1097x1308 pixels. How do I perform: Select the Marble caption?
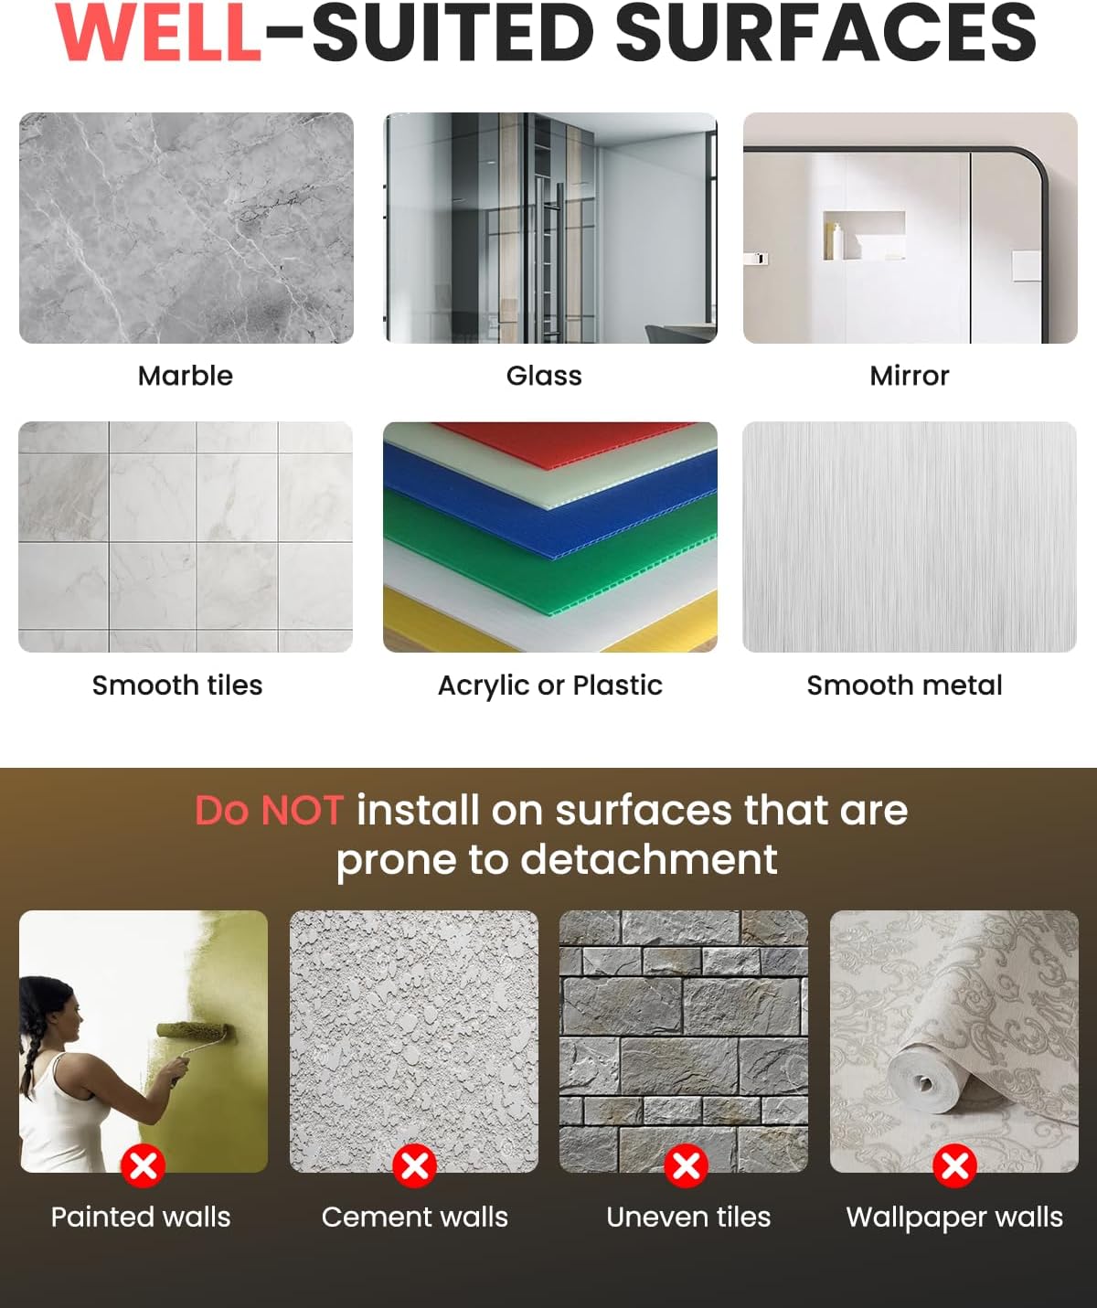click(186, 376)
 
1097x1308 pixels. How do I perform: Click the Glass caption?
click(544, 376)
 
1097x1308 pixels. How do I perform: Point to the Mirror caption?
click(910, 376)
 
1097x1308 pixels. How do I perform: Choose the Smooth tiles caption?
click(177, 686)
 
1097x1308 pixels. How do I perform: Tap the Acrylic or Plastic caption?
click(550, 686)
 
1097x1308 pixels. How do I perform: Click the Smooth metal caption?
click(905, 686)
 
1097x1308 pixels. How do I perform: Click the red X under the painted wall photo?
click(144, 1165)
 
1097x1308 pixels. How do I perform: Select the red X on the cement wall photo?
click(415, 1165)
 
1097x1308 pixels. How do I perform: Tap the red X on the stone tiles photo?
click(686, 1165)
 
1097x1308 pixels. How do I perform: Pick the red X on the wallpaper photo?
click(954, 1165)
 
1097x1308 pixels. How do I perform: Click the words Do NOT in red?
click(269, 811)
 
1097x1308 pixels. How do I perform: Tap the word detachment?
click(649, 859)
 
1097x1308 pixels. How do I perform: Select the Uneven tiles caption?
click(688, 1218)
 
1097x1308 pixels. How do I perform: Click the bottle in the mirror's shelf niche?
click(837, 241)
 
